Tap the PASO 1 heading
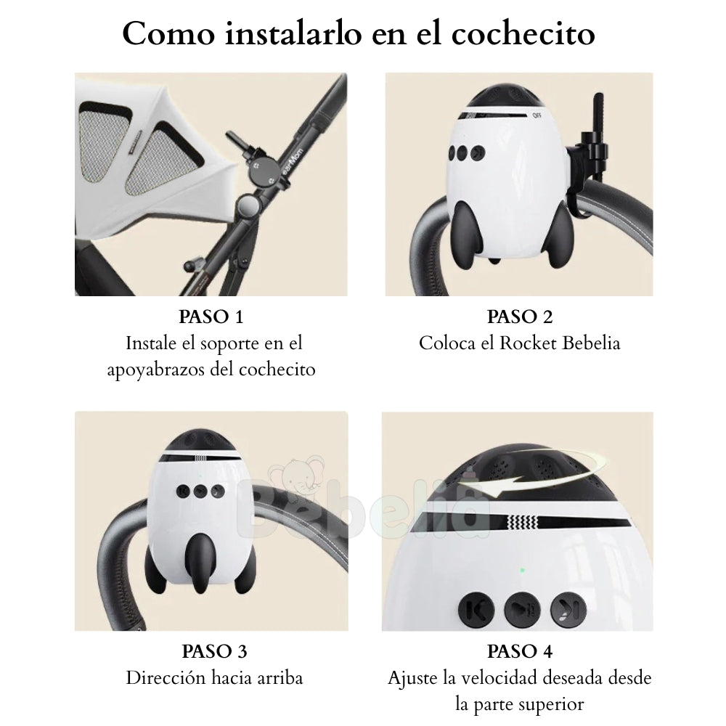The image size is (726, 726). (x=211, y=317)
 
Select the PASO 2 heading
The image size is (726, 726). (x=520, y=317)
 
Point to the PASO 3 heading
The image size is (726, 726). (x=214, y=651)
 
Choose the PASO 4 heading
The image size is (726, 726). (x=520, y=651)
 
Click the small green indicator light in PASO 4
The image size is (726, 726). (x=522, y=570)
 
